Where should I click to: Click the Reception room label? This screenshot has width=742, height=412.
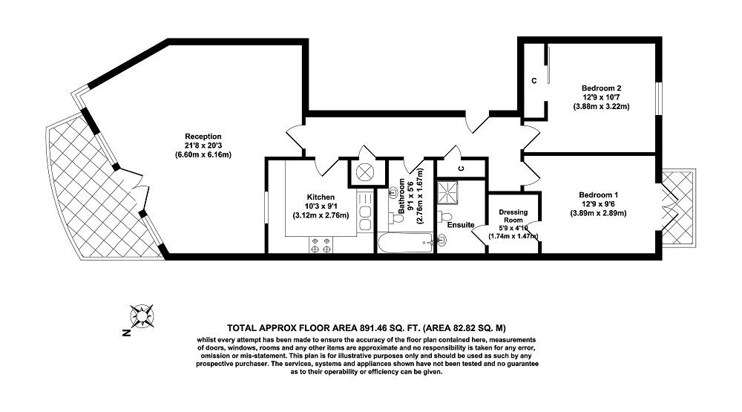click(203, 136)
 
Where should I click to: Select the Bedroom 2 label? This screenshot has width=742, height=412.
click(601, 88)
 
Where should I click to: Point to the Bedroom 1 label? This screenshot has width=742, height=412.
click(598, 194)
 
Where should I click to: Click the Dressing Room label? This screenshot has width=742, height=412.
click(513, 215)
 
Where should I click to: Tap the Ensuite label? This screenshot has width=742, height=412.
click(461, 224)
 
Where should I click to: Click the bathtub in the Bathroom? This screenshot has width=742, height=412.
click(405, 241)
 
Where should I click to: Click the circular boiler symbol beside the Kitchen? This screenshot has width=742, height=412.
click(365, 171)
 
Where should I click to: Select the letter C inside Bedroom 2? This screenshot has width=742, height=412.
click(533, 80)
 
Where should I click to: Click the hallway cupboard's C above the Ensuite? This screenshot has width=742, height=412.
click(461, 168)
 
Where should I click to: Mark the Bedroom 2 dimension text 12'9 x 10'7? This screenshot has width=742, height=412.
click(601, 97)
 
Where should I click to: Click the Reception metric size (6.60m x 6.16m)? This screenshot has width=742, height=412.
click(203, 155)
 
